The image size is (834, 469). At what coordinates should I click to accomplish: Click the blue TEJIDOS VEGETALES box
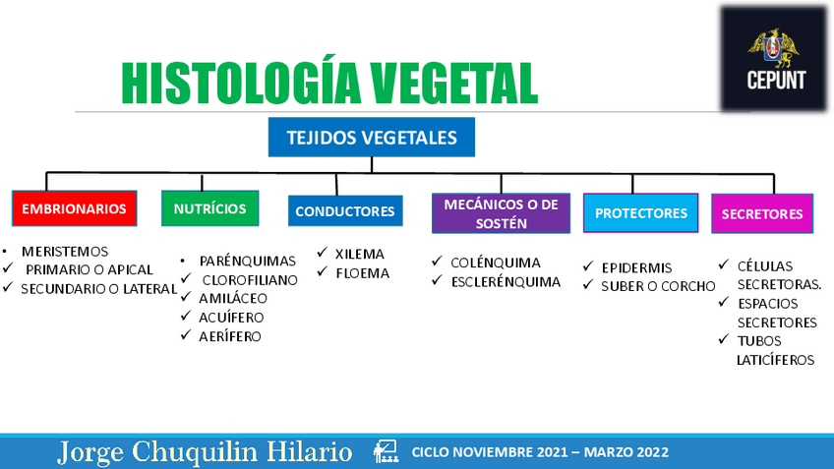(x=371, y=138)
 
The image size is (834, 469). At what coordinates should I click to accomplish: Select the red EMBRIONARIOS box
(x=75, y=208)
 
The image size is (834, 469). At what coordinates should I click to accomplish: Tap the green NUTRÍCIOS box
(x=210, y=208)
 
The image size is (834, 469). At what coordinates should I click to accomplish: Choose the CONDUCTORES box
(x=345, y=211)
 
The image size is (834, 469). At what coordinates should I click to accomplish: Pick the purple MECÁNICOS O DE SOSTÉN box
(x=501, y=213)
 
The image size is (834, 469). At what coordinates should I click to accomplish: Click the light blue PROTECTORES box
(x=641, y=213)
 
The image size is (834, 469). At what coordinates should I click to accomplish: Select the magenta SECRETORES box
(x=762, y=213)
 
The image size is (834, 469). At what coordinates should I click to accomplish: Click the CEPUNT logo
(x=773, y=58)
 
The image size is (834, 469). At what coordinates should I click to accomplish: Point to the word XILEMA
(x=360, y=254)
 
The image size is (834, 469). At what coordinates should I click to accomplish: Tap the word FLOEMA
(x=363, y=273)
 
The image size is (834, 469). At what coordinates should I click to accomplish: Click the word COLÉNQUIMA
(x=496, y=263)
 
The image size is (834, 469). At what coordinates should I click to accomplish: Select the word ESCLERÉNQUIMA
(x=506, y=282)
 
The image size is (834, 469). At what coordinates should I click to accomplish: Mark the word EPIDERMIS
(x=636, y=267)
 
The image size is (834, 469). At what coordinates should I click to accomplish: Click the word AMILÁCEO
(x=233, y=298)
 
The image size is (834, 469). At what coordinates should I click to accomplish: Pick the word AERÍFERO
(x=230, y=336)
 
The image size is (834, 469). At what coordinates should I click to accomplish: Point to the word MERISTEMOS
(x=65, y=252)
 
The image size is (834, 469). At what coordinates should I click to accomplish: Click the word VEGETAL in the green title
(x=453, y=84)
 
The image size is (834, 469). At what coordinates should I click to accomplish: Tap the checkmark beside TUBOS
(x=724, y=338)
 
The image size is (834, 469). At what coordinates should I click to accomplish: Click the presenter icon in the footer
(x=386, y=452)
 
